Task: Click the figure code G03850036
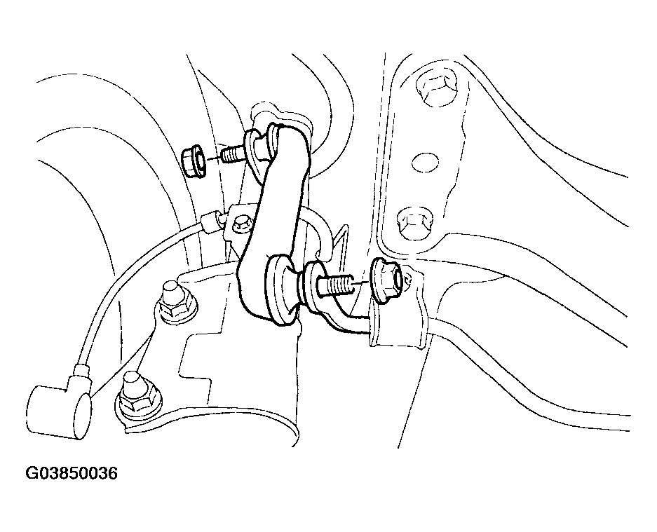pyautogui.click(x=72, y=473)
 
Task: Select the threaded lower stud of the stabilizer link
pyautogui.click(x=335, y=286)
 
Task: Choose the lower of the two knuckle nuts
pyautogui.click(x=137, y=395)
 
